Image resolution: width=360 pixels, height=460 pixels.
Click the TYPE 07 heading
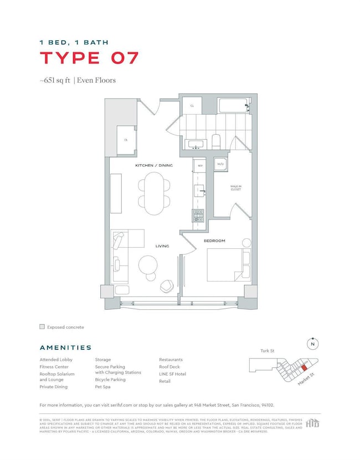(89, 58)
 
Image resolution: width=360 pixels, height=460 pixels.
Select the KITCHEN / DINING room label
(154, 166)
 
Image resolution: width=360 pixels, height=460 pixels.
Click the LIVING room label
(162, 246)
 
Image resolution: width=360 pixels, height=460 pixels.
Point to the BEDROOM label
(214, 241)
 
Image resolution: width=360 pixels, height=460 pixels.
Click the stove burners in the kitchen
(198, 215)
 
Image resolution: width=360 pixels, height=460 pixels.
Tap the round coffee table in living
(148, 264)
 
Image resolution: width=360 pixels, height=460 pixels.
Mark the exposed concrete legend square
(42, 327)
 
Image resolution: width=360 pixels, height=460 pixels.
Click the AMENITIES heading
(65, 347)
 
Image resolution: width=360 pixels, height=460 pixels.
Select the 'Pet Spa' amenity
(103, 387)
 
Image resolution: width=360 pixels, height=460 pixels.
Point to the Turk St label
(268, 351)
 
